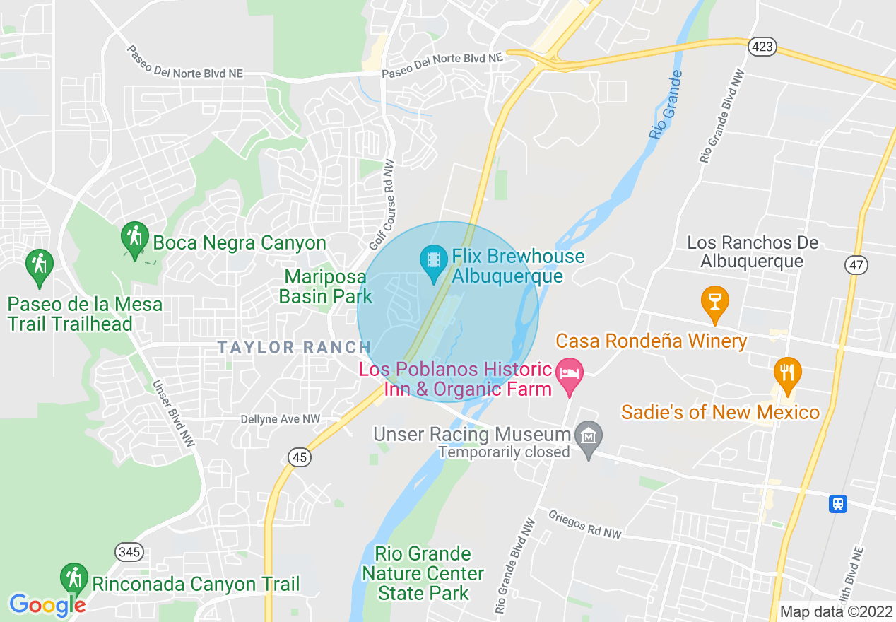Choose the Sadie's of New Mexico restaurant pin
coord(786,372)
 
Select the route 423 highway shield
coord(763,47)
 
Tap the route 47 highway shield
coord(856,265)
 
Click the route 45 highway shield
coord(300,457)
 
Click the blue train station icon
coord(838,503)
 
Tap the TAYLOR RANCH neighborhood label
coord(294,347)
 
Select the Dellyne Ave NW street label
coord(280,419)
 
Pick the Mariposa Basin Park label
coord(325,286)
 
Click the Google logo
coord(47,605)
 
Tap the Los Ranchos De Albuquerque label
coord(753,252)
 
